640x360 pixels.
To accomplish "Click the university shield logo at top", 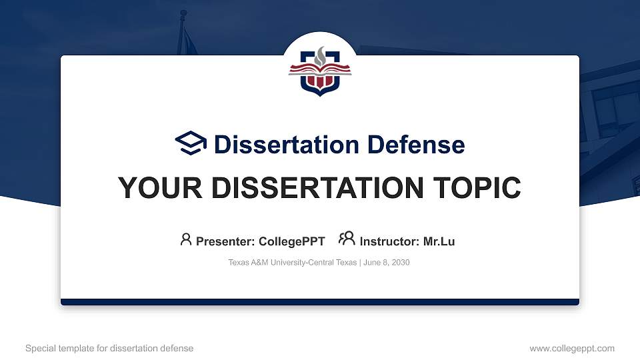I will point(320,70).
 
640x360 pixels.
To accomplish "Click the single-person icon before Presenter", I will point(186,239).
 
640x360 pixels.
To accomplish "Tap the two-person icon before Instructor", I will point(347,239).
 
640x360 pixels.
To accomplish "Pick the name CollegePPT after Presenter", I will point(292,241).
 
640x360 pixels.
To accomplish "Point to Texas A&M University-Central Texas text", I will point(292,263).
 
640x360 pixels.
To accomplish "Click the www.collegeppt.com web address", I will point(571,348).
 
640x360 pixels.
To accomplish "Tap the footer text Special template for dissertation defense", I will point(109,348).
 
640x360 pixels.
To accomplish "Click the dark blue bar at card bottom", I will point(320,302).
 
